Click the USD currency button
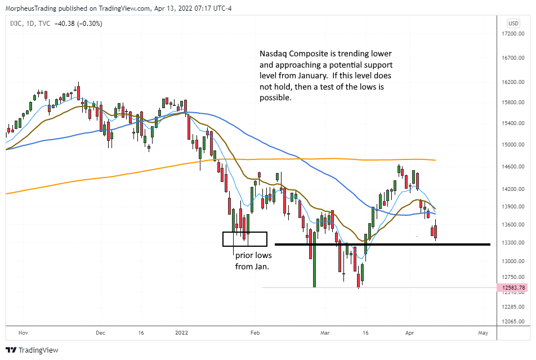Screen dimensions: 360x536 tap(513, 24)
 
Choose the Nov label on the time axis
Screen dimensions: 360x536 tap(23, 332)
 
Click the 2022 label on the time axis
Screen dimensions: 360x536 tap(180, 332)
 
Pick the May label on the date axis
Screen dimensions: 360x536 tap(483, 332)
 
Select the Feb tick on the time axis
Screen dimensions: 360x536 tap(255, 332)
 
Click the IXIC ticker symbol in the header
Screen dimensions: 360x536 tap(17, 23)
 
